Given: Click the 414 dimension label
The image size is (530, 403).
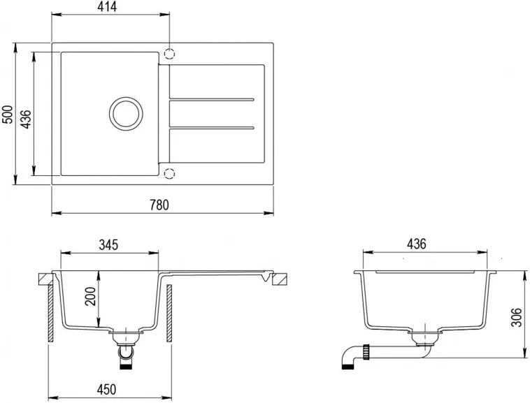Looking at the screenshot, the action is click(107, 7).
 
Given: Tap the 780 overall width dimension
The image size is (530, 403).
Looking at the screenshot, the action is click(159, 205).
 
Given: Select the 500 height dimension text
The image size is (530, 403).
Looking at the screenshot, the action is click(7, 115).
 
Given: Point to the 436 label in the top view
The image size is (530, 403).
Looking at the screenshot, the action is click(25, 119).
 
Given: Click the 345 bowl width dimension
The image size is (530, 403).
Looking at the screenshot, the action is click(108, 244).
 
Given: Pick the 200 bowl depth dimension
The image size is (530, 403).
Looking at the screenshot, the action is click(90, 296).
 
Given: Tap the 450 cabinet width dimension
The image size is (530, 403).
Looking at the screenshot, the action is click(106, 390).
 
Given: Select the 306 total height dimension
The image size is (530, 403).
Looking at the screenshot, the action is click(516, 317).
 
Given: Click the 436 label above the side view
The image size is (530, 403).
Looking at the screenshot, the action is click(417, 244).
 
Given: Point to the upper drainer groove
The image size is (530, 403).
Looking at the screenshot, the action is click(212, 100).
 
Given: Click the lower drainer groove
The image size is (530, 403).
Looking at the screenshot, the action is click(212, 128).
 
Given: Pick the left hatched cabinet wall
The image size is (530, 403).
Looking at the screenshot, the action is click(51, 314).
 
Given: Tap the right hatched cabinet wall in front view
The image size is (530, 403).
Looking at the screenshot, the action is click(169, 314).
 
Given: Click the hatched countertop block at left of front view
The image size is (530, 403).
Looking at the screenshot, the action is click(45, 279).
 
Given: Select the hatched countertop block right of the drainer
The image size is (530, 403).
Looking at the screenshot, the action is click(280, 279).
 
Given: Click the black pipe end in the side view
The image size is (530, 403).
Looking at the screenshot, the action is click(348, 367).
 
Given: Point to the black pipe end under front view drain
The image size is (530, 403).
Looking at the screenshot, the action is click(126, 367).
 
